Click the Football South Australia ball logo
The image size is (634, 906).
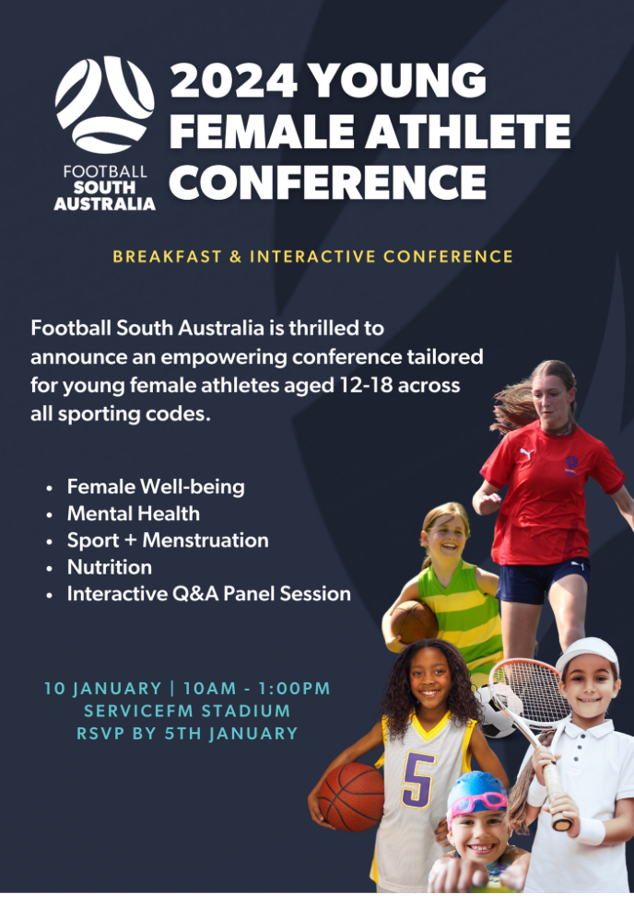coord(105,105)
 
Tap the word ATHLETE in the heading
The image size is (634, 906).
coord(468,131)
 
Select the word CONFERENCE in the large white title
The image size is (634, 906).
coord(327,181)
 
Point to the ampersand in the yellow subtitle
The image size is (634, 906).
coord(235,257)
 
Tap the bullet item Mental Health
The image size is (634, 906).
coord(133,513)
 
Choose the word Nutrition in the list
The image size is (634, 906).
coord(110,567)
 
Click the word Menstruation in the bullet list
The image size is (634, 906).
coord(205,540)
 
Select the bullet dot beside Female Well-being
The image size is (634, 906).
coord(50,488)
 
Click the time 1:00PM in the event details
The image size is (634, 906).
coord(294,688)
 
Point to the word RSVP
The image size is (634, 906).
coord(100,733)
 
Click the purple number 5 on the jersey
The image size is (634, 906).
coord(418,779)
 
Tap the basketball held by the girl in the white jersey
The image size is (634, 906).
coord(351,796)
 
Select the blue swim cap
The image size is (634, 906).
coord(477,792)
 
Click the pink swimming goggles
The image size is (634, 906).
coord(478,802)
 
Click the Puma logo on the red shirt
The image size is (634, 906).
coord(526,454)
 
